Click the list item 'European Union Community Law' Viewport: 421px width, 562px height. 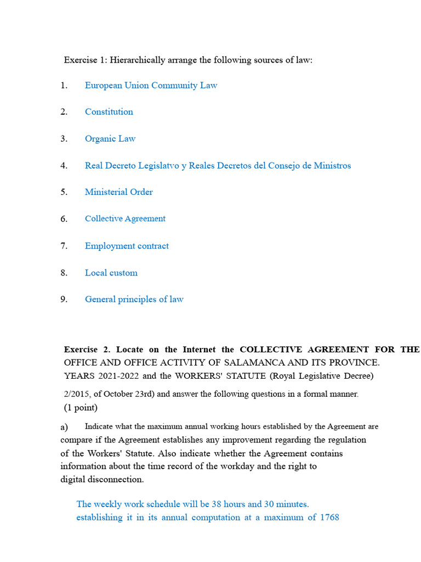click(151, 85)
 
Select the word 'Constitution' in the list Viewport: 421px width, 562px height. click(109, 111)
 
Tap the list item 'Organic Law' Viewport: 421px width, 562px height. click(110, 138)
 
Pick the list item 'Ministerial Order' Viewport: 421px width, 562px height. click(118, 192)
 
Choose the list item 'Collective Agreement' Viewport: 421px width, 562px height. click(125, 218)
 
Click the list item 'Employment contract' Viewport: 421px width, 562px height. click(127, 245)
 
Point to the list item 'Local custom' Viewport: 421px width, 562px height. click(111, 272)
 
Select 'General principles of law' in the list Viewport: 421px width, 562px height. click(134, 299)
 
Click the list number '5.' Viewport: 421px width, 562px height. click(64, 192)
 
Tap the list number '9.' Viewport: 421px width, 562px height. click(64, 299)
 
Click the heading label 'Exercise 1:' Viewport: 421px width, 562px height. click(86, 60)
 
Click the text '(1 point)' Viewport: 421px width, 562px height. click(81, 407)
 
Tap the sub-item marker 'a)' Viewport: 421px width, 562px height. click(64, 427)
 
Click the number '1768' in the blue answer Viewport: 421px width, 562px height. click(328, 517)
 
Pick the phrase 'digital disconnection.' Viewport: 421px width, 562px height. click(102, 479)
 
